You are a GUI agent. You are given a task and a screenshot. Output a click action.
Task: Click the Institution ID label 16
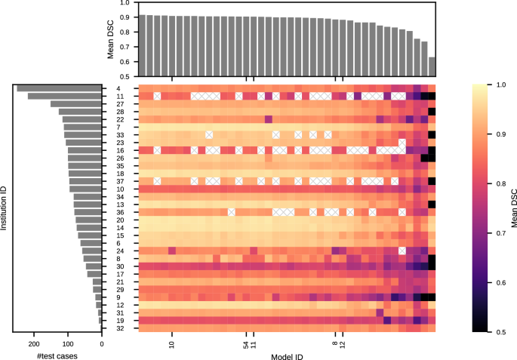pos(120,150)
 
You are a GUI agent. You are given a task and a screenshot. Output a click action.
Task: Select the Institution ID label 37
pos(120,181)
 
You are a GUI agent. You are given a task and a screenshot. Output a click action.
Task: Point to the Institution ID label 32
pos(120,328)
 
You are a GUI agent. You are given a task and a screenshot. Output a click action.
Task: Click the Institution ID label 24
pos(120,251)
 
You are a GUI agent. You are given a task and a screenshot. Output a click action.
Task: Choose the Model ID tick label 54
pos(246,344)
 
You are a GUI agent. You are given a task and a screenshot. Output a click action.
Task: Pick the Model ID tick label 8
pos(335,344)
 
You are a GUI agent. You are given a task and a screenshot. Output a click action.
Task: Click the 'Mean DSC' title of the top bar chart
pos(111,39)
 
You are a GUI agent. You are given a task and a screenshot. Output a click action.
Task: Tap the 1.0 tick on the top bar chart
pos(123,4)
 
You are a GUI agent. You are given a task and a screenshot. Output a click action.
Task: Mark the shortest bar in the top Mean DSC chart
pos(432,67)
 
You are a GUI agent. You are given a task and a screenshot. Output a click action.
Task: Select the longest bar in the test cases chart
pos(59,88)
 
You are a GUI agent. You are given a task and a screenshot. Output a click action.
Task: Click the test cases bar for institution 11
pos(64,96)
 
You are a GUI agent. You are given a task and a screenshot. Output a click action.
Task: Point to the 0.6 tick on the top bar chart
pos(123,61)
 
